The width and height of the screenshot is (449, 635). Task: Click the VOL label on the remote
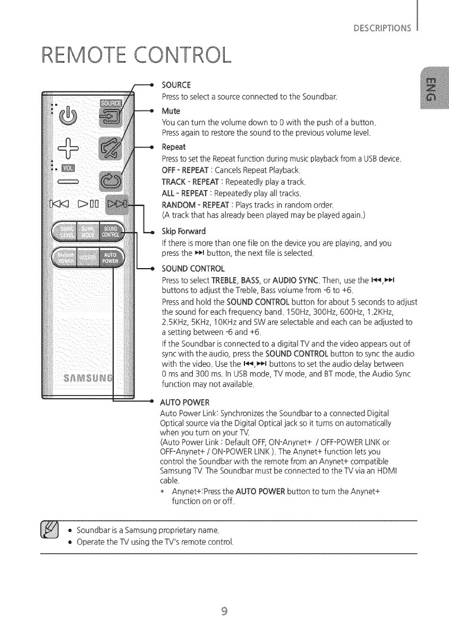70,169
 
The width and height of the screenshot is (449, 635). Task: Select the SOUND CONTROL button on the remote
111,231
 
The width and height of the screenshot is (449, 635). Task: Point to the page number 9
224,610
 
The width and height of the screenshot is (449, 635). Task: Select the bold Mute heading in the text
171,111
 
